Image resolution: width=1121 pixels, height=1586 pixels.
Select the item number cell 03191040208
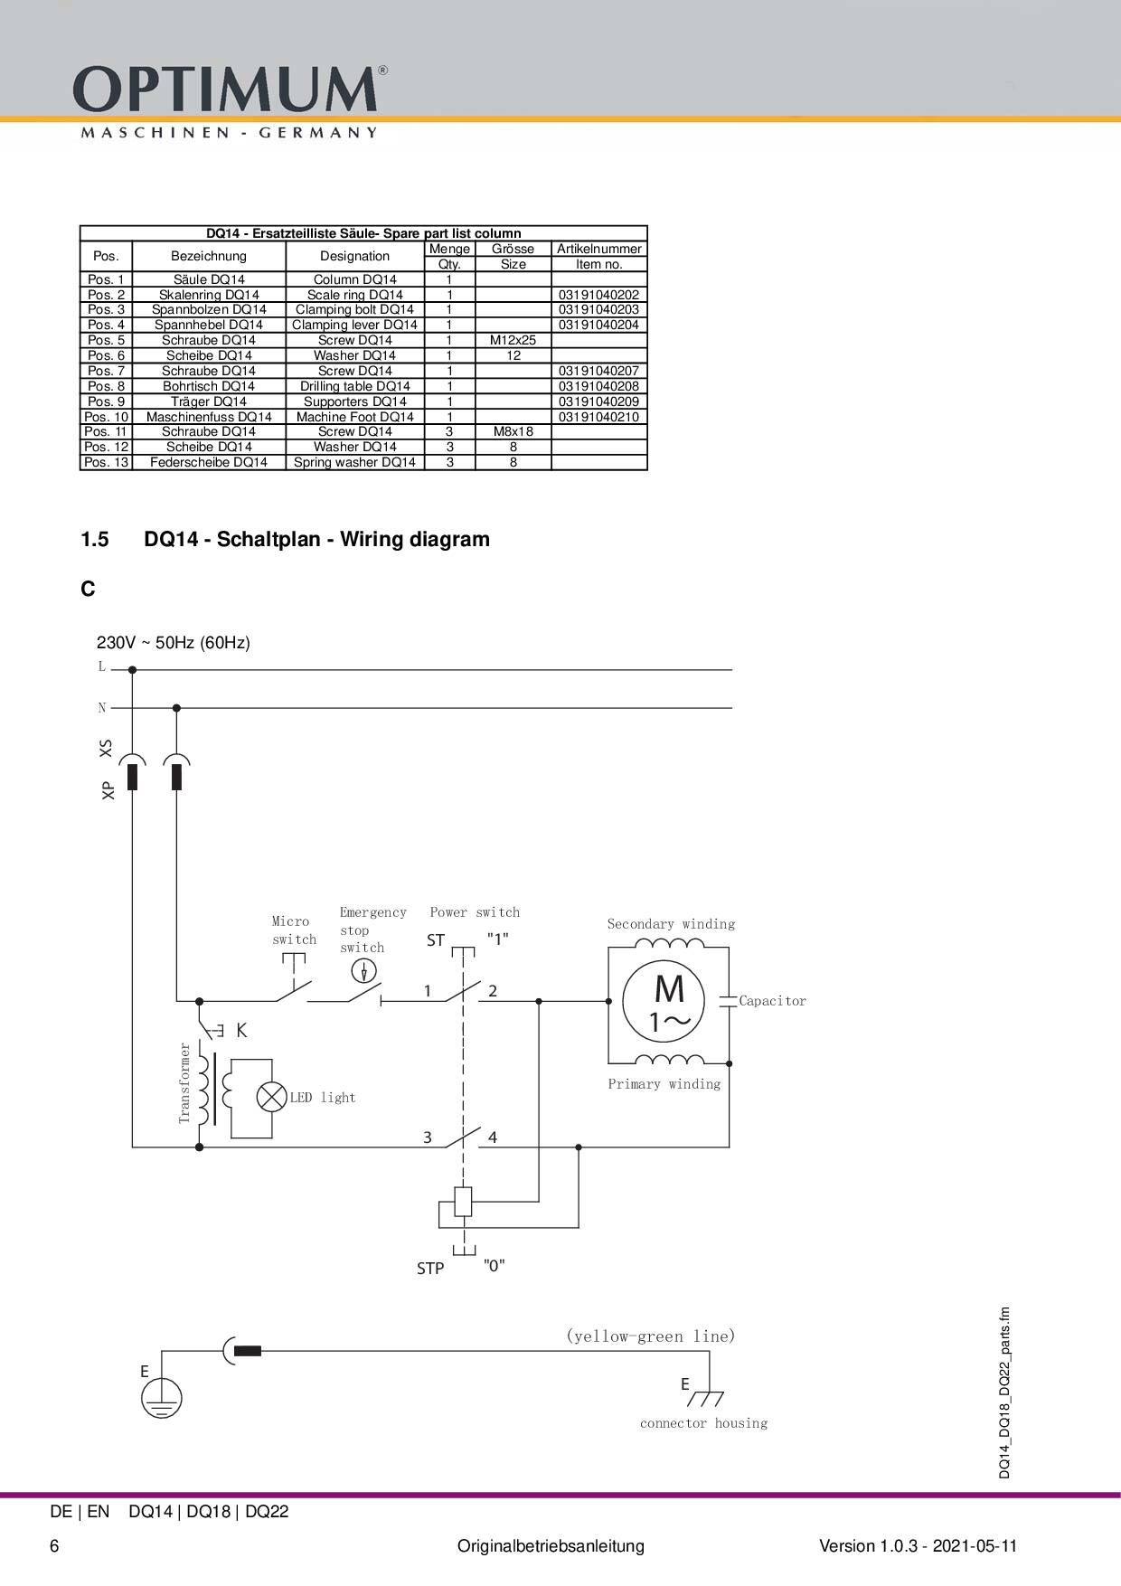pyautogui.click(x=598, y=386)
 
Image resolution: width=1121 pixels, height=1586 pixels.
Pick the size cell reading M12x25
pyautogui.click(x=513, y=340)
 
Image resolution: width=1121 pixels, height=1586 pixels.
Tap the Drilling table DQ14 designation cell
pyautogui.click(x=355, y=386)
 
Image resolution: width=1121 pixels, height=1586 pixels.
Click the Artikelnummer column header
pyautogui.click(x=598, y=249)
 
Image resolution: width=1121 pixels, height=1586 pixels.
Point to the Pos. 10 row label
pyautogui.click(x=107, y=417)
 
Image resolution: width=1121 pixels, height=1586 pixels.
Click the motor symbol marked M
pyautogui.click(x=669, y=1001)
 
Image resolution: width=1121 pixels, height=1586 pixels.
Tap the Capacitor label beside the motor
pyautogui.click(x=772, y=1001)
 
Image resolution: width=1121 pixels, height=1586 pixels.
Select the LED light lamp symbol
pyautogui.click(x=271, y=1097)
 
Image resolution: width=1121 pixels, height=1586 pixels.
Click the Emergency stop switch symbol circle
pyautogui.click(x=363, y=971)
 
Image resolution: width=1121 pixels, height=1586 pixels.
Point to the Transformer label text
pyautogui.click(x=184, y=1082)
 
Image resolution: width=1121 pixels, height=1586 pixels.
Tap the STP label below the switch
pyautogui.click(x=430, y=1269)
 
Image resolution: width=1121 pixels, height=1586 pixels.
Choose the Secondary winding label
pyautogui.click(x=671, y=924)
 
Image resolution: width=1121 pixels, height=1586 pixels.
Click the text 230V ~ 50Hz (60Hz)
pyautogui.click(x=174, y=643)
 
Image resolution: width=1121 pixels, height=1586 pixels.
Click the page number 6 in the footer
pyautogui.click(x=54, y=1546)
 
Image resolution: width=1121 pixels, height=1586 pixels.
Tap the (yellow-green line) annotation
pyautogui.click(x=651, y=1336)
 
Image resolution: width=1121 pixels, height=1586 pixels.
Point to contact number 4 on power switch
pyautogui.click(x=493, y=1138)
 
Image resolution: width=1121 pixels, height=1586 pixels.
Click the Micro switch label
pyautogui.click(x=294, y=930)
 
